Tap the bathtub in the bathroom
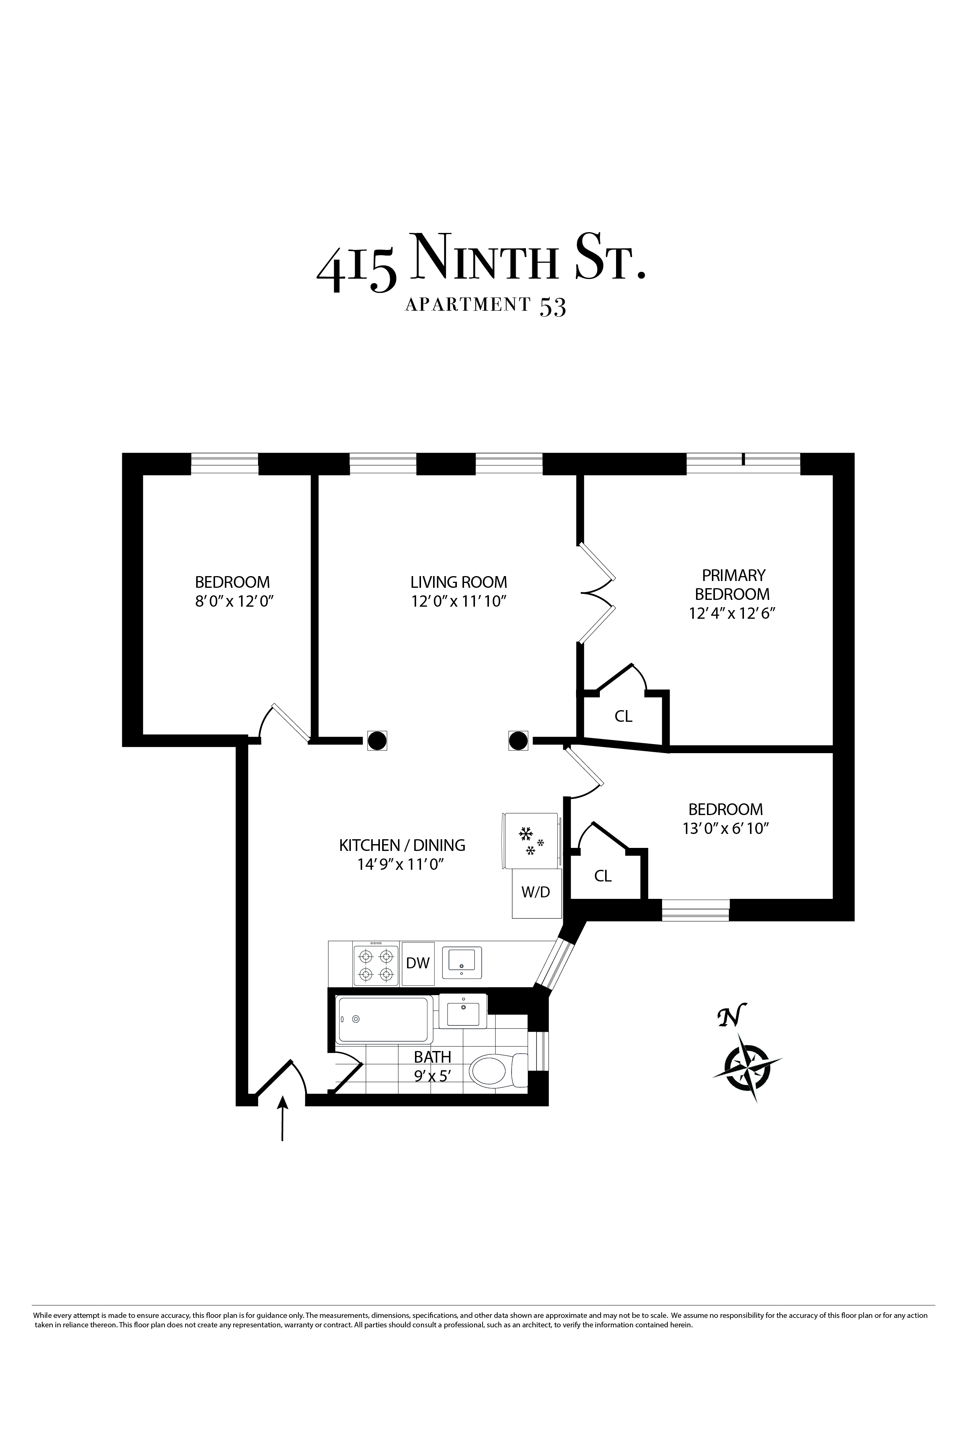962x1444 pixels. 383,1019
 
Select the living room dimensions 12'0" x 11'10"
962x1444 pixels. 458,601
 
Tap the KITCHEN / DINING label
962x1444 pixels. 402,845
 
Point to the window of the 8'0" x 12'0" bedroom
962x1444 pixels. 224,464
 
